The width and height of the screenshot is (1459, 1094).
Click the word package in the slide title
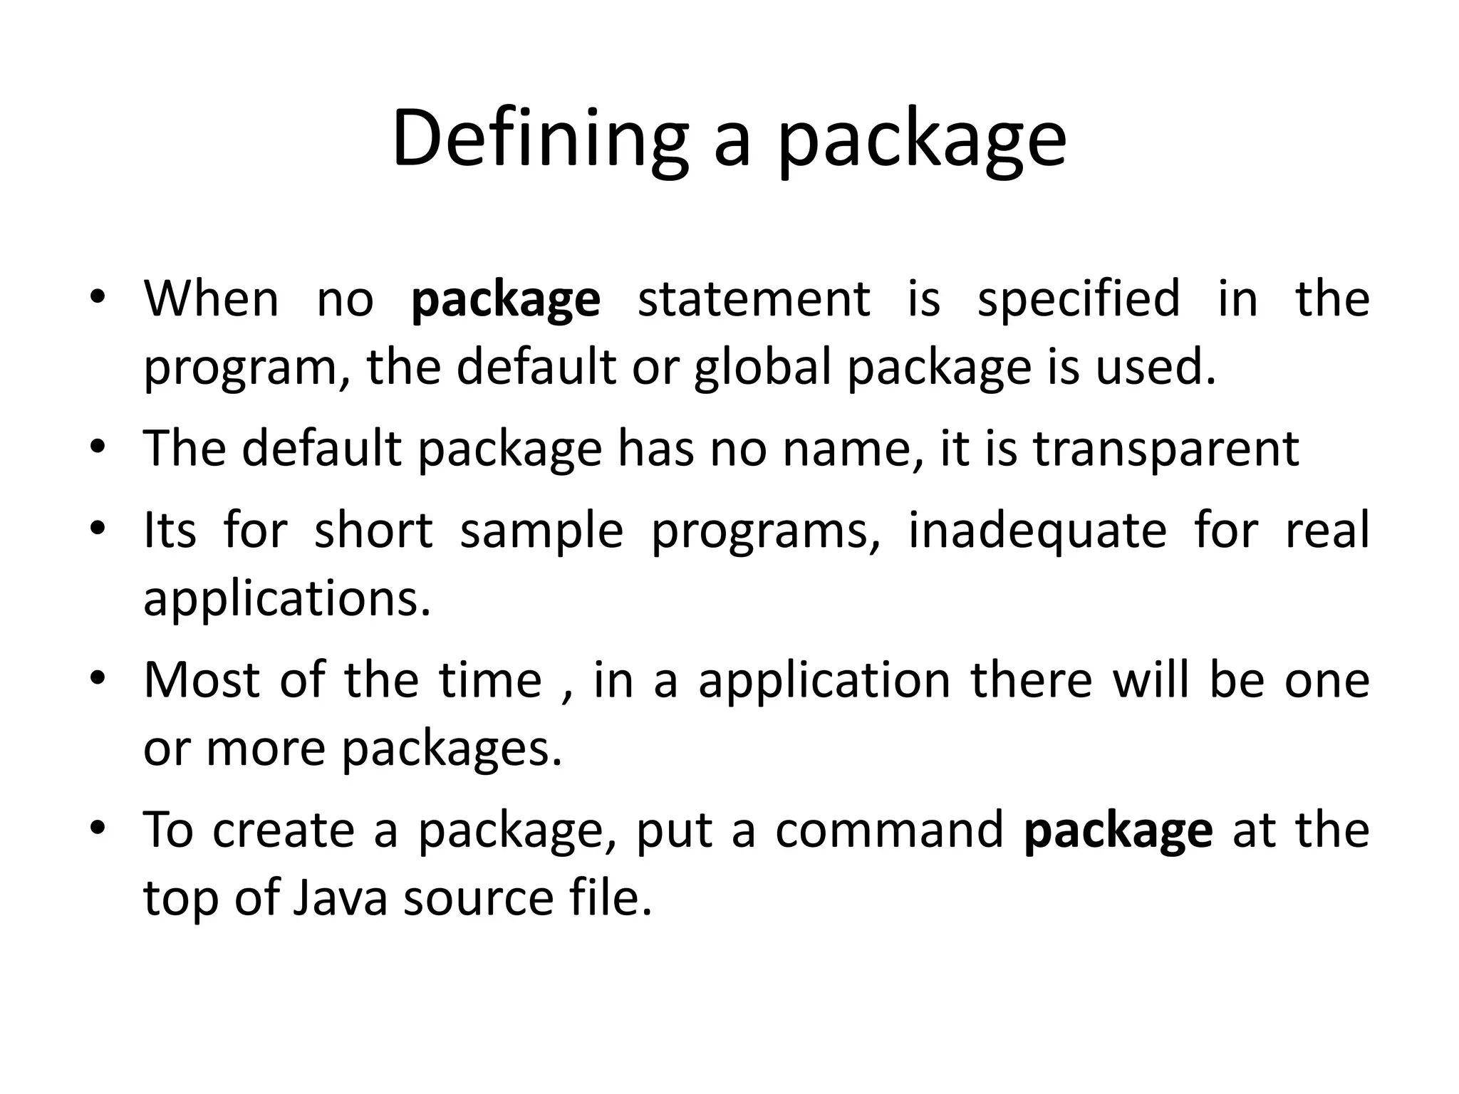click(x=922, y=140)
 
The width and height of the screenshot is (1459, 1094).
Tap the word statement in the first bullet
click(x=754, y=299)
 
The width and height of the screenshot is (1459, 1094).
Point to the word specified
click(x=1079, y=299)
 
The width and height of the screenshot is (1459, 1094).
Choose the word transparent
click(x=1166, y=450)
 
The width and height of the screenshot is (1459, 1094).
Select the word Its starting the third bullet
click(x=170, y=531)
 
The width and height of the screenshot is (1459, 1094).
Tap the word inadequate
click(x=1038, y=532)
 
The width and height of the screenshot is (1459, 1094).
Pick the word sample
click(x=541, y=532)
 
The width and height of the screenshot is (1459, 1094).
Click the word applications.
click(x=287, y=600)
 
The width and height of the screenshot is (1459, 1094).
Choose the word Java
click(x=340, y=899)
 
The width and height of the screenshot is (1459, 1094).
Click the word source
click(x=478, y=899)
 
